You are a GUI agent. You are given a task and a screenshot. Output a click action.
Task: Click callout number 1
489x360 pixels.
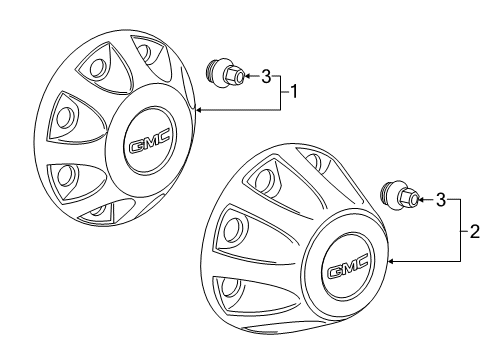(293, 92)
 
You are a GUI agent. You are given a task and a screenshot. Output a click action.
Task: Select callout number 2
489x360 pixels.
(474, 231)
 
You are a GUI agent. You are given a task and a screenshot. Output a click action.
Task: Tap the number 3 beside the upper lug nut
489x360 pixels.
(266, 76)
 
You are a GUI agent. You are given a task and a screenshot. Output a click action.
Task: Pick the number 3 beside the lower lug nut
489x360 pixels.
(441, 200)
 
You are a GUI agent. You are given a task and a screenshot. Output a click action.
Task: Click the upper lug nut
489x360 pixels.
(225, 74)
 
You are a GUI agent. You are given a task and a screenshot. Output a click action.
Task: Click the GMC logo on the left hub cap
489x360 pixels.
(150, 140)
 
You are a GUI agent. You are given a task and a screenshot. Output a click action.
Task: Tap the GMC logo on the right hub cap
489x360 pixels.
(348, 266)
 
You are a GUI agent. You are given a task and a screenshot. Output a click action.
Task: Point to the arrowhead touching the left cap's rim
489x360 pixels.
(199, 109)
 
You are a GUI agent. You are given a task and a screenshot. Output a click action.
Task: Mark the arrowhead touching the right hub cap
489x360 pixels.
(392, 262)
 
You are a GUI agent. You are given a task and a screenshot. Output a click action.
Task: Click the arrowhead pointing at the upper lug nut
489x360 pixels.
(249, 76)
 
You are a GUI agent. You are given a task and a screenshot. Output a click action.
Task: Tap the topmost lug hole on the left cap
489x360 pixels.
(144, 52)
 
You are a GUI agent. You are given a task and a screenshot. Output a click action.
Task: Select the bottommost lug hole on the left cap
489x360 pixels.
(99, 209)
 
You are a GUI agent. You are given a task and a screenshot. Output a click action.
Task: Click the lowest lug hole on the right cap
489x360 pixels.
(231, 287)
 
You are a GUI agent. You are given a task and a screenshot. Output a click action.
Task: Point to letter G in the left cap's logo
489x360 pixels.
(136, 146)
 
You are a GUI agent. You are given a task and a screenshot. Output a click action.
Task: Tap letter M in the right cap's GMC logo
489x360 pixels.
(348, 266)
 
